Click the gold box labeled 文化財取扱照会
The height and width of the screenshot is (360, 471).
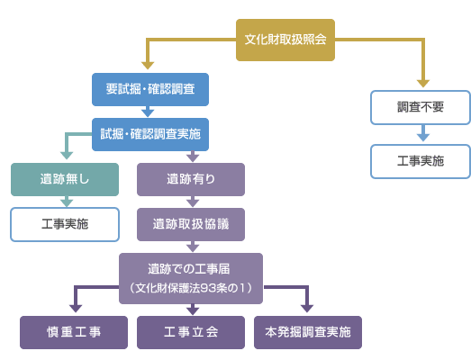pyautogui.click(x=285, y=40)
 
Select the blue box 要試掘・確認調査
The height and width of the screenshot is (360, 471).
pyautogui.click(x=150, y=89)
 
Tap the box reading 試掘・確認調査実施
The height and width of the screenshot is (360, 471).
pyautogui.click(x=150, y=134)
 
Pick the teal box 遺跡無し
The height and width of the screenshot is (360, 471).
pyautogui.click(x=65, y=179)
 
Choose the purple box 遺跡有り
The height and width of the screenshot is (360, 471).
pyautogui.click(x=191, y=179)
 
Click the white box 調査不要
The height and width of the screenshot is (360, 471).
pyautogui.click(x=421, y=107)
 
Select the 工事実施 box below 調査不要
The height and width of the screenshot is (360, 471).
pyautogui.click(x=421, y=161)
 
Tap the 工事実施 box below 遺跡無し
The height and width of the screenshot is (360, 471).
pyautogui.click(x=65, y=225)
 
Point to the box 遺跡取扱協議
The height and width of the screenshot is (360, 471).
pyautogui.click(x=191, y=225)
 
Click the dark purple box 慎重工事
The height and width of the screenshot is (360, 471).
pyautogui.click(x=74, y=332)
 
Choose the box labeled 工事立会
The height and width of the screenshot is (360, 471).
pyautogui.click(x=191, y=332)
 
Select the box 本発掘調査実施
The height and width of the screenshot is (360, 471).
pyautogui.click(x=308, y=332)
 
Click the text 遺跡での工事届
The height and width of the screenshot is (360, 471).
pyautogui.click(x=189, y=269)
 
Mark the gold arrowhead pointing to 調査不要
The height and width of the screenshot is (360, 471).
pyautogui.click(x=423, y=84)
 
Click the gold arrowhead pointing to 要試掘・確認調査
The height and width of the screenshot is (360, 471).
pyautogui.click(x=148, y=66)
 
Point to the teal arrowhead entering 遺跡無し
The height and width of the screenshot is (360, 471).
pyautogui.click(x=67, y=156)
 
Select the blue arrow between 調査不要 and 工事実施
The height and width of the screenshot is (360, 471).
pyautogui.click(x=423, y=133)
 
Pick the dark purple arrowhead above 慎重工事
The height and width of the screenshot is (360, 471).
pyautogui.click(x=76, y=309)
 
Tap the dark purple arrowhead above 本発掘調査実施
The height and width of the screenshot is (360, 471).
pyautogui.click(x=307, y=309)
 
